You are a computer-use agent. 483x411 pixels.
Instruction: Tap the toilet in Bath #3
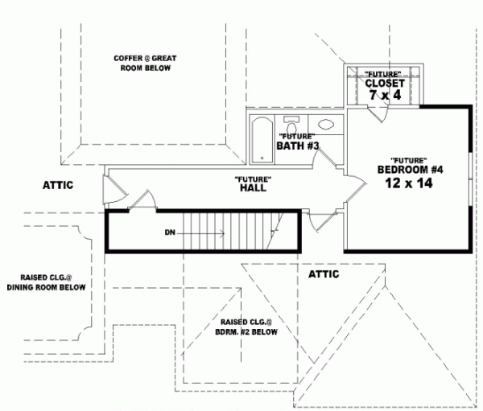click(x=293, y=128)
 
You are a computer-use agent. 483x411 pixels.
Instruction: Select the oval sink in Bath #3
click(x=326, y=125)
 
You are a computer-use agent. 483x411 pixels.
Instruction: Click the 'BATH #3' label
click(x=299, y=146)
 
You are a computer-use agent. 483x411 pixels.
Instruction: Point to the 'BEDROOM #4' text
click(x=411, y=169)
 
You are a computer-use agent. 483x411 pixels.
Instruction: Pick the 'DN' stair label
click(x=170, y=232)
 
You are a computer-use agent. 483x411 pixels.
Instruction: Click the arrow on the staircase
click(x=201, y=232)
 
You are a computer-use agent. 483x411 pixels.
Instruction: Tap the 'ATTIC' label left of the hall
click(x=57, y=185)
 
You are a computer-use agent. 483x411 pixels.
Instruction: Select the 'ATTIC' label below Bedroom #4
click(x=324, y=274)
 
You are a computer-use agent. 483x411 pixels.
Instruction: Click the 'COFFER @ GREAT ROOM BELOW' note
click(x=145, y=63)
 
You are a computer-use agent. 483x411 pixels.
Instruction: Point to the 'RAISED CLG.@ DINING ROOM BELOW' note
click(x=46, y=280)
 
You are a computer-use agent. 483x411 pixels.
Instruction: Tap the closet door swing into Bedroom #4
click(x=375, y=113)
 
